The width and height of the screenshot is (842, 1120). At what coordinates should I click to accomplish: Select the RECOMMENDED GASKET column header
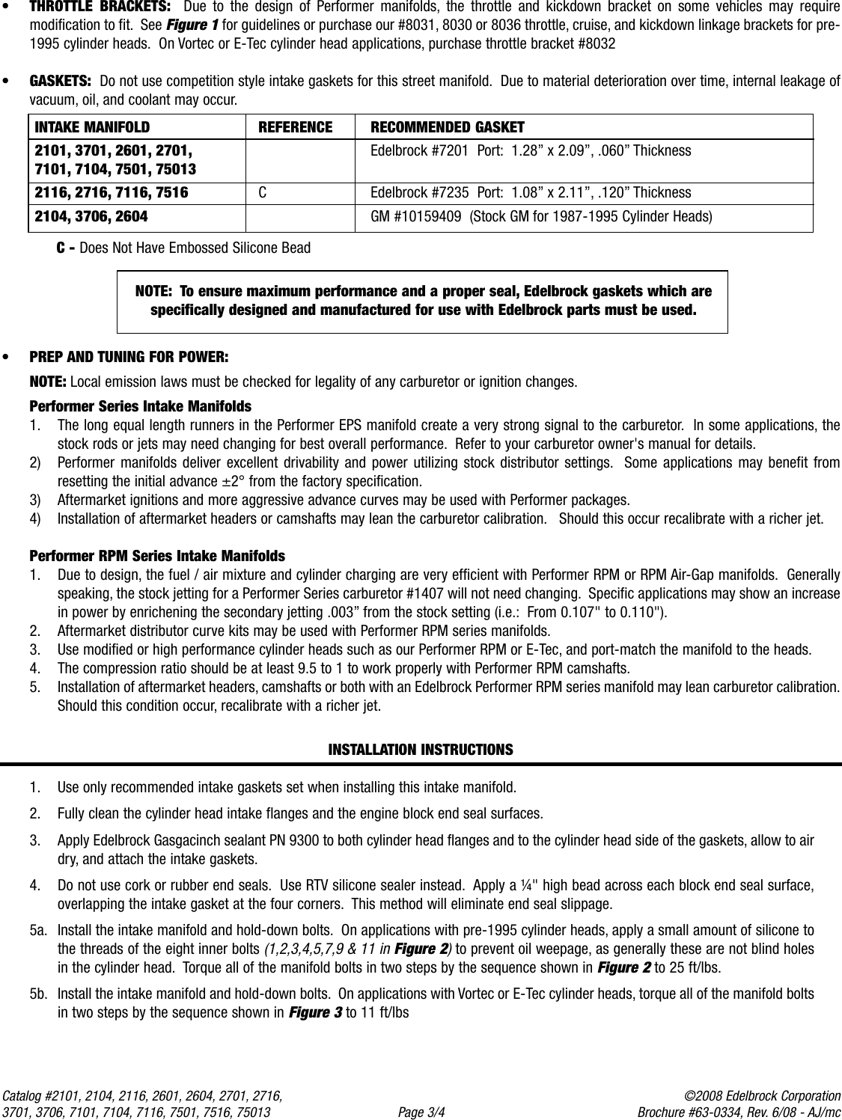[x=448, y=127]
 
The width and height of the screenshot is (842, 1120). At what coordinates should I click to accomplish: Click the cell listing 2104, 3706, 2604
[x=91, y=217]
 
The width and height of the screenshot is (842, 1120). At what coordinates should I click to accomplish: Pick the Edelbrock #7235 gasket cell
[x=531, y=192]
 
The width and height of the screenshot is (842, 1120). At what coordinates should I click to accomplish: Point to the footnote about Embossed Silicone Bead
[x=184, y=248]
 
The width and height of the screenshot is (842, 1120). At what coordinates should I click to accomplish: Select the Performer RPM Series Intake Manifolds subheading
[x=157, y=556]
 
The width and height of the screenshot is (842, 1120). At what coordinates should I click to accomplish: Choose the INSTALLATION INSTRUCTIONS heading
[x=421, y=749]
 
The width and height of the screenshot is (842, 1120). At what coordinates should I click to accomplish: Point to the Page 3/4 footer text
[x=421, y=1113]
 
